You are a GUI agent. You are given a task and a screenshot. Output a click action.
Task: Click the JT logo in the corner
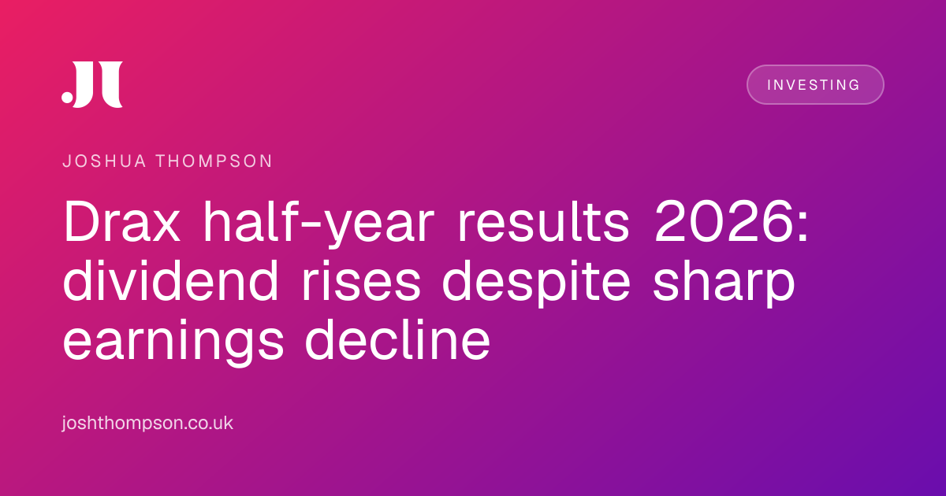coord(92,84)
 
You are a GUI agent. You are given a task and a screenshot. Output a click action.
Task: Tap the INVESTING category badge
coord(815,85)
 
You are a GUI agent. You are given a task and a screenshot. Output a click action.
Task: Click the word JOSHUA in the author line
coord(104,161)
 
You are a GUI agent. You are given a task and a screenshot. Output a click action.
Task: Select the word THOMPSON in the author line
coord(214,161)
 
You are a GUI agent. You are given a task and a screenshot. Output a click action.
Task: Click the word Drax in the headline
coord(121,221)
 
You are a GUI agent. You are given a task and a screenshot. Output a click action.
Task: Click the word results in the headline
coord(544,221)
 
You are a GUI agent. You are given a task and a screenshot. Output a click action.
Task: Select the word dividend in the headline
coord(170,280)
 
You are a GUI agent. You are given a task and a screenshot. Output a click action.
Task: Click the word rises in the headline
coord(361,282)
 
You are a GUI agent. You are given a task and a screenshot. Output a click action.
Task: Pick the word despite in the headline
coord(536,283)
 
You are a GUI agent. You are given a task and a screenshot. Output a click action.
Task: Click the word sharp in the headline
coord(724,283)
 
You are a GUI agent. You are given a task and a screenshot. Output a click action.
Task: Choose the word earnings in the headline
coord(173,342)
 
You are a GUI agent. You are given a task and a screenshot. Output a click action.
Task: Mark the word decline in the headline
coord(397,339)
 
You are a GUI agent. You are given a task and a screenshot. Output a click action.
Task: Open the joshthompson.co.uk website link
coord(147,423)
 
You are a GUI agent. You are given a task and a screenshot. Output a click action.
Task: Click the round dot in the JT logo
coord(67,97)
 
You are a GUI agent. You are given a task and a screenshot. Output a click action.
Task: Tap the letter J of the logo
coord(85,84)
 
